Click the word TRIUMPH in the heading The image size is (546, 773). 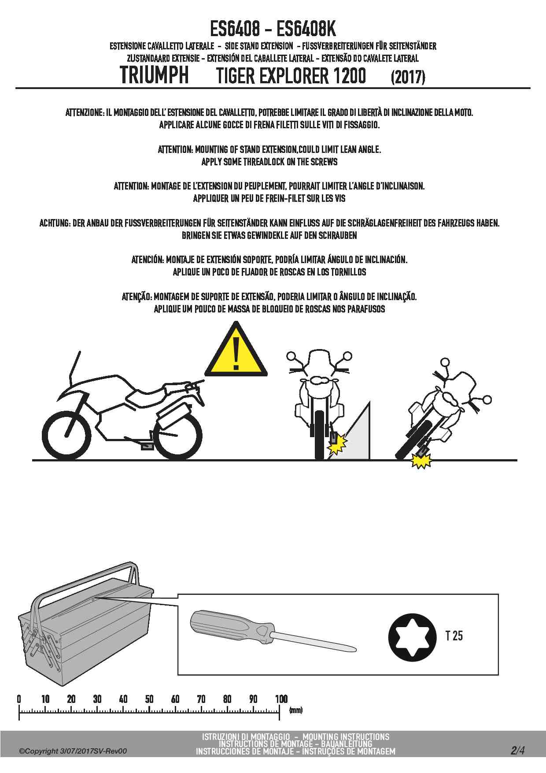(154, 75)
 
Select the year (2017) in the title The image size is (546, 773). (408, 77)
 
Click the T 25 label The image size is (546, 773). (454, 635)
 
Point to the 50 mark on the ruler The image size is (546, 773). (149, 699)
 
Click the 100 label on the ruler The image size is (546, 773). (281, 699)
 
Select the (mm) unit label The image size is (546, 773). (295, 710)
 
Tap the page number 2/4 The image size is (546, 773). (517, 750)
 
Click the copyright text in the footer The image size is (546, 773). (73, 751)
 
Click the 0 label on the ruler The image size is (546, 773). (19, 699)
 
